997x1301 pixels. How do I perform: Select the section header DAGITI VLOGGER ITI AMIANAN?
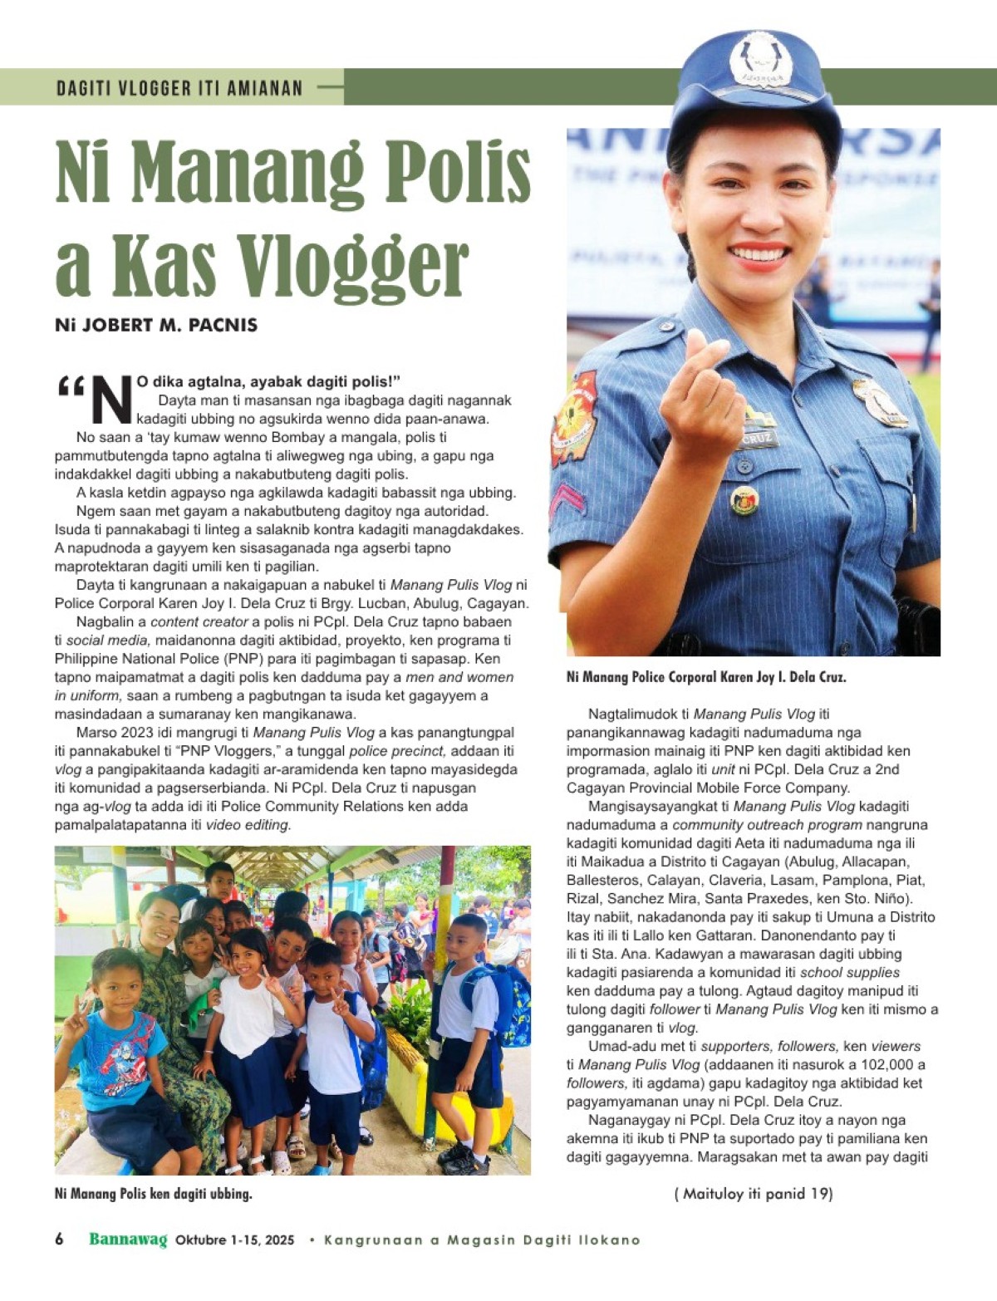(179, 87)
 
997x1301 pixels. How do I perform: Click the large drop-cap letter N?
(111, 400)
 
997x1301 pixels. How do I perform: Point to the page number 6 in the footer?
(59, 1240)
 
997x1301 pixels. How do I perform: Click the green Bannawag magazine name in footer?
(128, 1240)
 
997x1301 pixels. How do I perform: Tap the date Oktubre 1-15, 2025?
(235, 1240)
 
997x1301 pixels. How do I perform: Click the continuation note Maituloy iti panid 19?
(754, 1194)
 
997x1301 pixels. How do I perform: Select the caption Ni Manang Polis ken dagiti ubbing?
(154, 1194)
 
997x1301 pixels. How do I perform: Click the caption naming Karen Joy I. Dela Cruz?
(706, 677)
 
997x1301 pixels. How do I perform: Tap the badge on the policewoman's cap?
(760, 60)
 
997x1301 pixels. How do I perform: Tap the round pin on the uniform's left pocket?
(744, 500)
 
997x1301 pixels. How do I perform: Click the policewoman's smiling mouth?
(759, 253)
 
